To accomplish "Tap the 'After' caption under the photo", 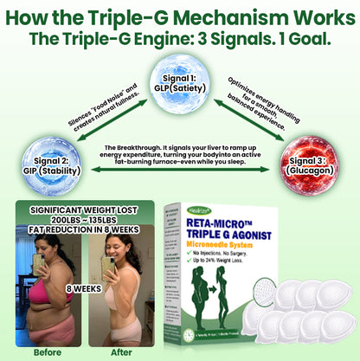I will [x=121, y=352].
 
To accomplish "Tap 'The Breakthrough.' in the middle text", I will [x=130, y=147].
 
